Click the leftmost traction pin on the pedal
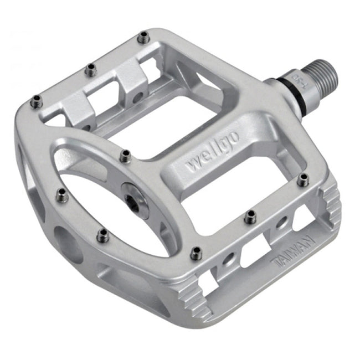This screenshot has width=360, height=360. (37, 100)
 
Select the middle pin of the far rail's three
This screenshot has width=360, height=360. (90, 69)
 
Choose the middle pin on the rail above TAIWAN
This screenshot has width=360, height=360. (250, 215)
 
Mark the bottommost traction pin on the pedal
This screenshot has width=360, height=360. (196, 254)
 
